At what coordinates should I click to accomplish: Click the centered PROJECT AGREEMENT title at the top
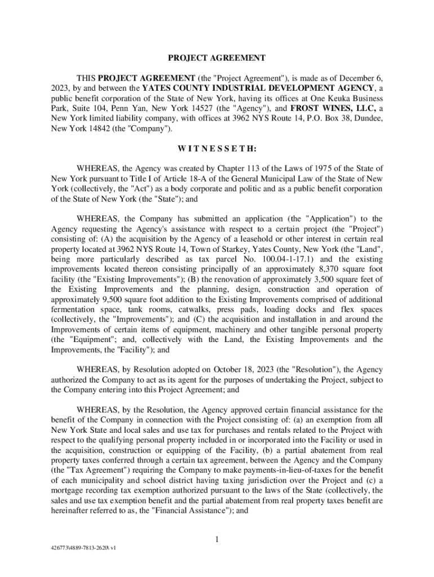217,57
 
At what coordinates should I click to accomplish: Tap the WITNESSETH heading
217,149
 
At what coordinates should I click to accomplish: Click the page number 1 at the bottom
217,540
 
